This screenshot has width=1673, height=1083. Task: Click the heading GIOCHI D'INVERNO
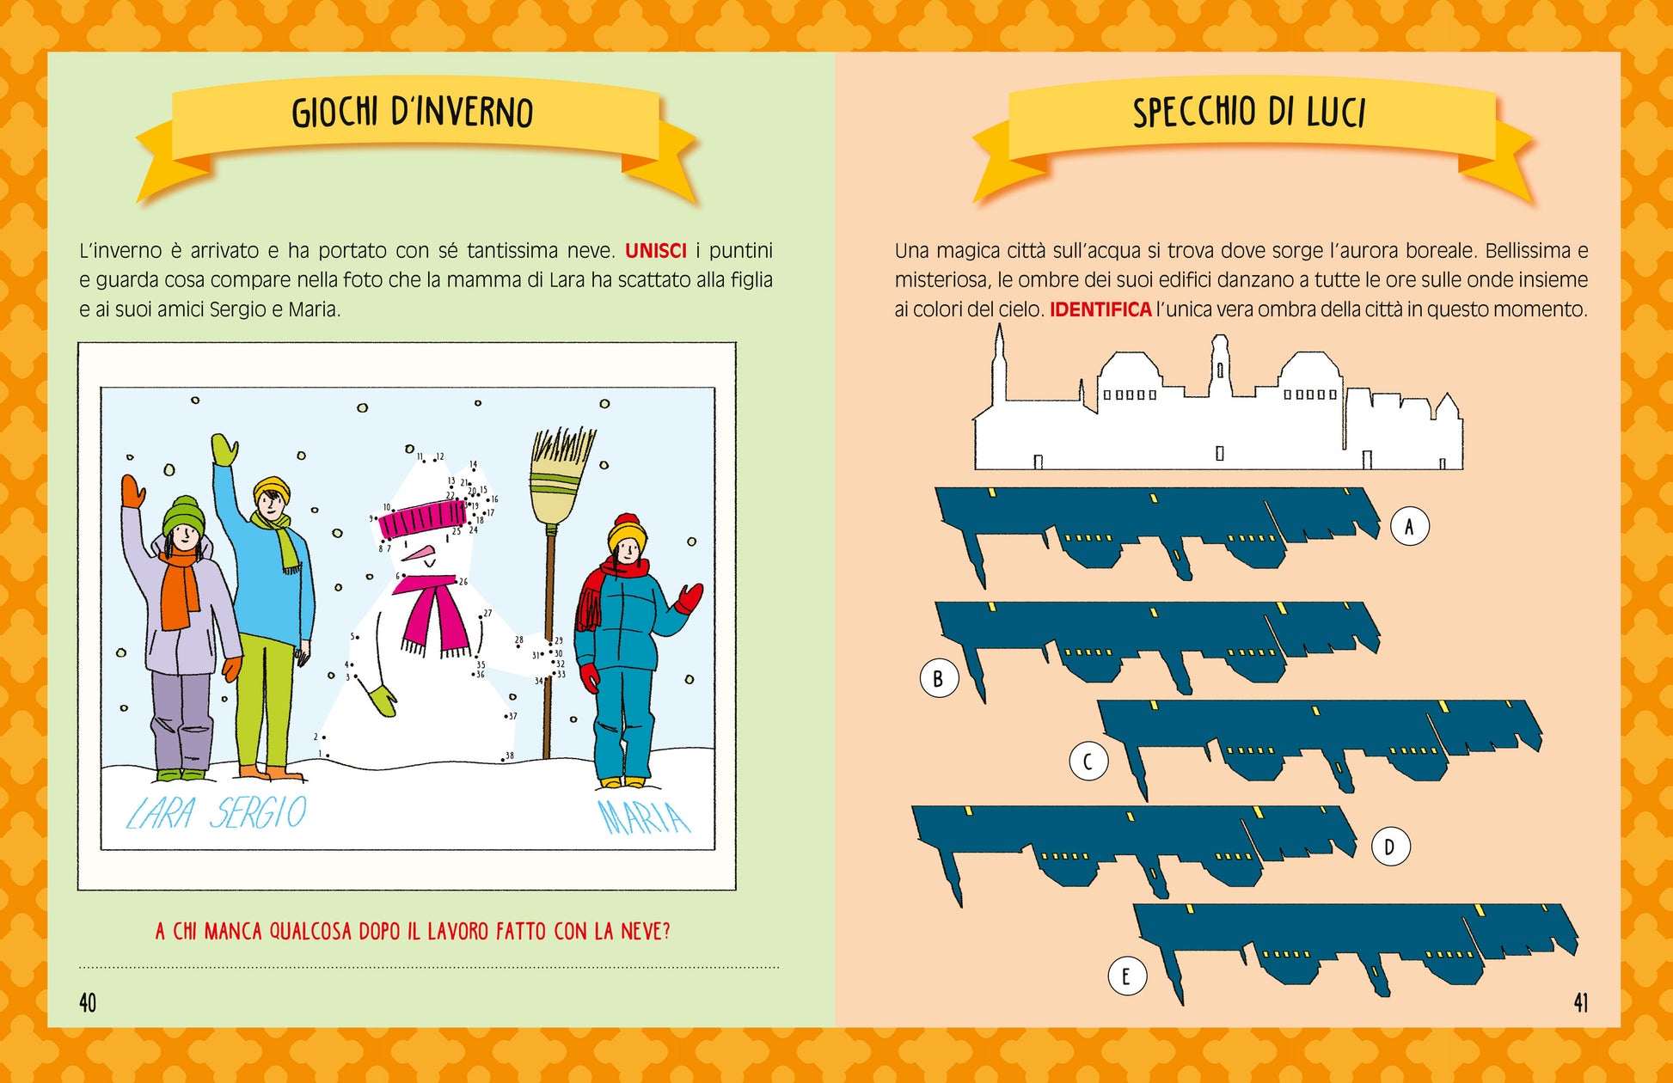(x=413, y=113)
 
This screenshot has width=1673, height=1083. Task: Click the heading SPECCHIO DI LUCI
(x=1248, y=113)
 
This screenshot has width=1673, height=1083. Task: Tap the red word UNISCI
(x=656, y=251)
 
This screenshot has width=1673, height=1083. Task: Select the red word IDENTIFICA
(x=1100, y=309)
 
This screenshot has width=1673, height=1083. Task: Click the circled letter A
(x=1410, y=526)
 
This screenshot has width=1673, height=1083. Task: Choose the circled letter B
(x=939, y=678)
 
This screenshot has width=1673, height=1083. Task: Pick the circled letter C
(x=1088, y=762)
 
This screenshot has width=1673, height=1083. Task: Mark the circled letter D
(x=1390, y=847)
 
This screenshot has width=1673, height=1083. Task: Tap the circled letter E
(x=1127, y=976)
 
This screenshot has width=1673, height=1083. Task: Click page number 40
(x=88, y=1002)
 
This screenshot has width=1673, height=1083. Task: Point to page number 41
(x=1581, y=1002)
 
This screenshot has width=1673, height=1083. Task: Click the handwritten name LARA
(x=161, y=813)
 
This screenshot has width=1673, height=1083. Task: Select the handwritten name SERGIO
(x=260, y=812)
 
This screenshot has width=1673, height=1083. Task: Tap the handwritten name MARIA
(x=644, y=817)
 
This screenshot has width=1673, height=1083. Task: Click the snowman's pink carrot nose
(x=418, y=554)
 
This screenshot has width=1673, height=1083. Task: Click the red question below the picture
(x=413, y=932)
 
